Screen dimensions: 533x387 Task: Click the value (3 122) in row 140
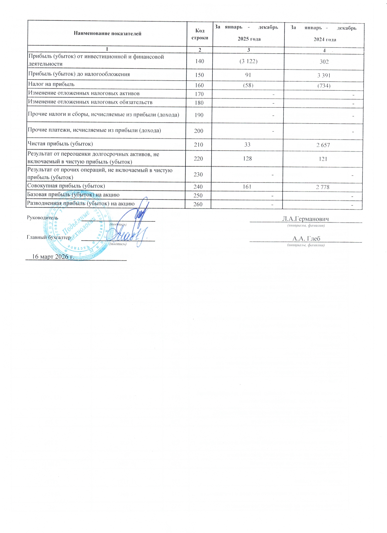click(248, 61)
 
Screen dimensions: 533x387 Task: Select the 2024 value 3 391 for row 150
click(324, 75)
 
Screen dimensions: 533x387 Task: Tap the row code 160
click(199, 85)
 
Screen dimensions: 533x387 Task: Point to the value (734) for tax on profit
click(324, 86)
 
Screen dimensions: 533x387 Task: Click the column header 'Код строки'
click(200, 34)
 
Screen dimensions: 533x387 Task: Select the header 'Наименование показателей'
click(107, 34)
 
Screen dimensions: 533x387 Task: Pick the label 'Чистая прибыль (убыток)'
click(60, 144)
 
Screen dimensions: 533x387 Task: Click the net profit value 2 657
click(323, 145)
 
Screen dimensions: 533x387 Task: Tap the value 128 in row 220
click(247, 158)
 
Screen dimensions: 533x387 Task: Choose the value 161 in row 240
click(247, 187)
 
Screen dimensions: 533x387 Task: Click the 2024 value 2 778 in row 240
click(322, 187)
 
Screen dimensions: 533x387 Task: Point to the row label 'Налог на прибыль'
click(51, 84)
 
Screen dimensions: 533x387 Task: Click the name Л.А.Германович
click(305, 219)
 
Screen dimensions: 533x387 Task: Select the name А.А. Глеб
click(306, 239)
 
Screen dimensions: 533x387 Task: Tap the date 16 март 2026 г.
click(53, 257)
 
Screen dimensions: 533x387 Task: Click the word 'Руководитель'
click(42, 218)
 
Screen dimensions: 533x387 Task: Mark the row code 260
click(198, 204)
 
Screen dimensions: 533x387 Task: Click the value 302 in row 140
click(324, 62)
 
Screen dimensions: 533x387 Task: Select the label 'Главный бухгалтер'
click(49, 237)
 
